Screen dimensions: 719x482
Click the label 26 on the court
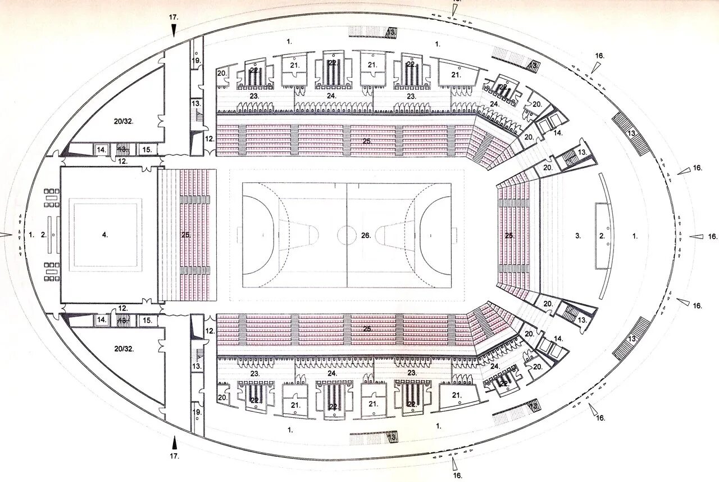366,236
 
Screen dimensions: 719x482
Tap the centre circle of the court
347,235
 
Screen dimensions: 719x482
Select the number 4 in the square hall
105,235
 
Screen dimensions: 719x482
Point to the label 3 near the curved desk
577,236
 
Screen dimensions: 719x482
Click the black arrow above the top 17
174,30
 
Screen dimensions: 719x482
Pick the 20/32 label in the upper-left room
123,120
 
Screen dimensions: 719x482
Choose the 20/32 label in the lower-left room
123,349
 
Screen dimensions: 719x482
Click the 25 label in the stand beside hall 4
186,235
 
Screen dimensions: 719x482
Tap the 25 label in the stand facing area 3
509,236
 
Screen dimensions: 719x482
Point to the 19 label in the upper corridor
196,60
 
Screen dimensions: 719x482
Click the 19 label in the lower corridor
196,412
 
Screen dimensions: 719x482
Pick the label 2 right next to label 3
602,236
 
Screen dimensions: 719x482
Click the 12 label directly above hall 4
122,161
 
